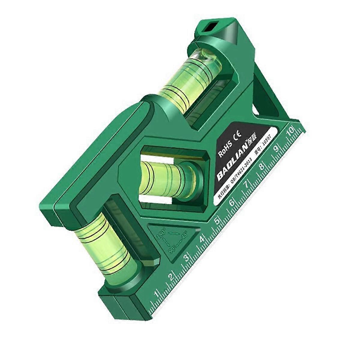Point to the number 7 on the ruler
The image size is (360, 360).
tap(247, 184)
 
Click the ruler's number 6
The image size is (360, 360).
tap(232, 203)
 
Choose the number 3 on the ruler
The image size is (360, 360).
tap(187, 258)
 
